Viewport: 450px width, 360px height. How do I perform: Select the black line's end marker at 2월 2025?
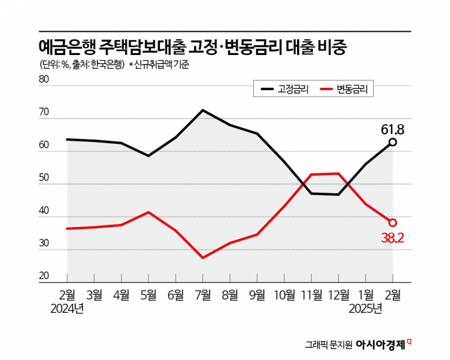pyautogui.click(x=393, y=142)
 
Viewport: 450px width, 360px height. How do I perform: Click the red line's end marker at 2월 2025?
pyautogui.click(x=393, y=222)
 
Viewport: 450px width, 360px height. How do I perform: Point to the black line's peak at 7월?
pyautogui.click(x=203, y=110)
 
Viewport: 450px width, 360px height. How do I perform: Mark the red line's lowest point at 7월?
pyautogui.click(x=203, y=258)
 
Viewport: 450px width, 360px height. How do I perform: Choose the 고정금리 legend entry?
pyautogui.click(x=284, y=89)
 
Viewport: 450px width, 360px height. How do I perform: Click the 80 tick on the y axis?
pyautogui.click(x=43, y=79)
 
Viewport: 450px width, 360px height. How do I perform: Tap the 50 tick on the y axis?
pyautogui.click(x=43, y=178)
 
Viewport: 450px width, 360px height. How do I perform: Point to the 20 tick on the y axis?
pyautogui.click(x=43, y=276)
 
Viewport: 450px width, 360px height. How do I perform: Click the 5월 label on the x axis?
pyautogui.click(x=149, y=296)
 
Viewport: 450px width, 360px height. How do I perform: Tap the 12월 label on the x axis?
pyautogui.click(x=338, y=296)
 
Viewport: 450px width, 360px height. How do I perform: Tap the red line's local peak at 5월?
pyautogui.click(x=149, y=212)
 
